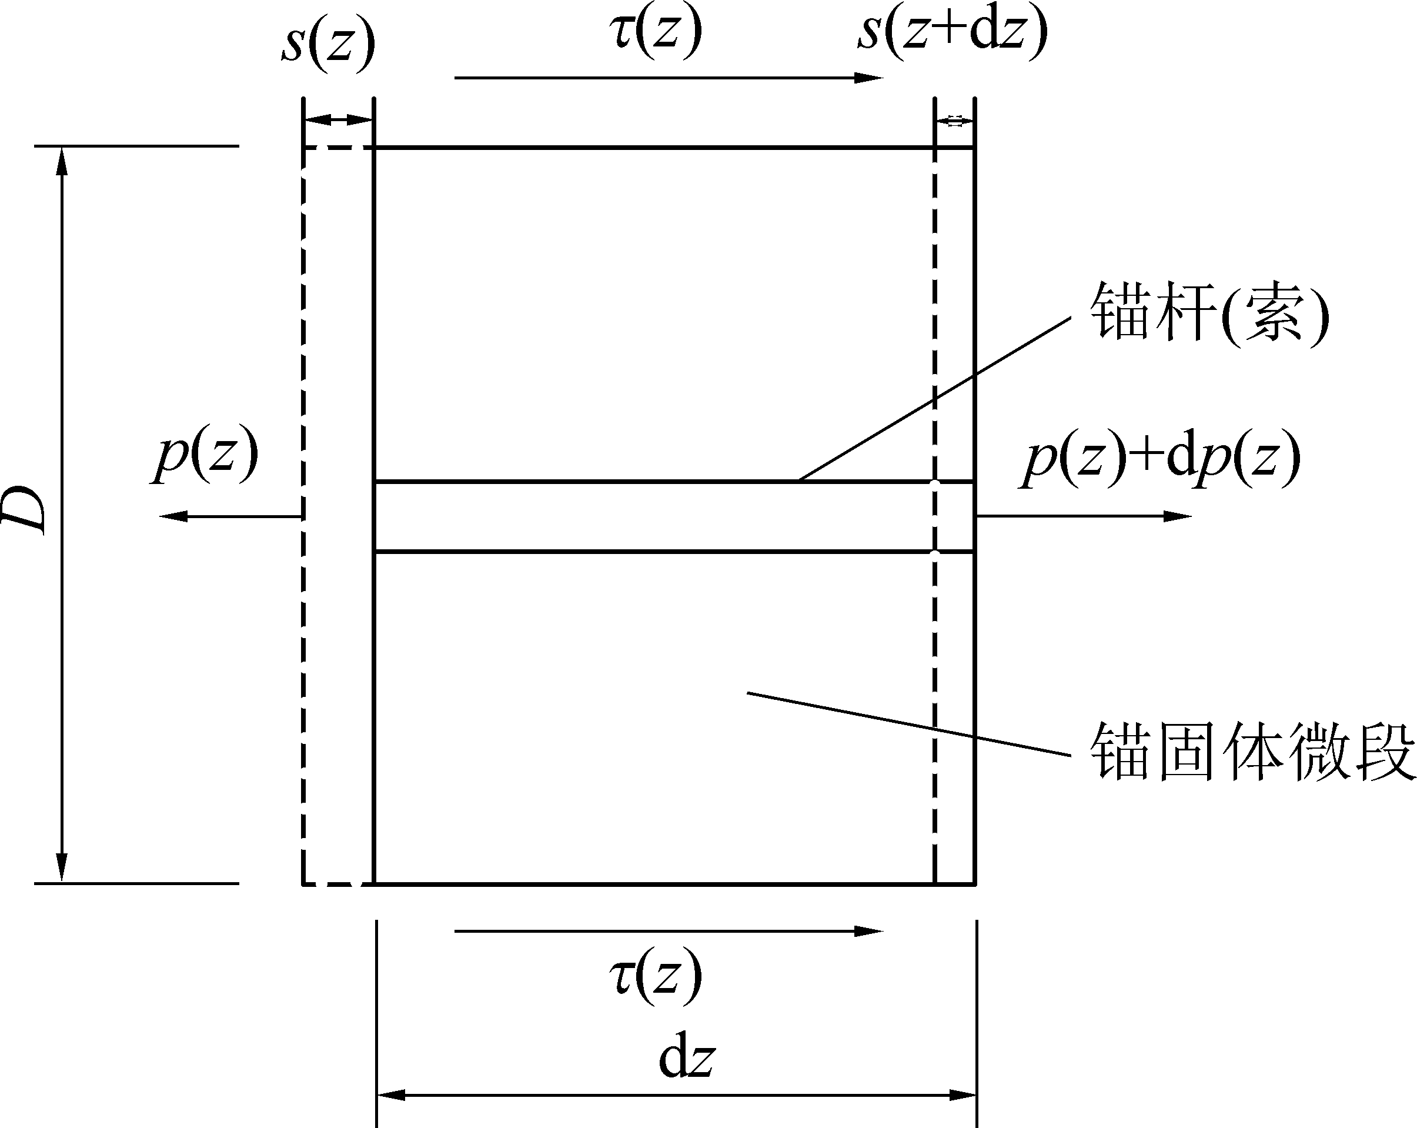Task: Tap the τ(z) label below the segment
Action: click(655, 977)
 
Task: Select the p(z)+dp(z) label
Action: click(1161, 458)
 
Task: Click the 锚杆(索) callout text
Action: click(1208, 314)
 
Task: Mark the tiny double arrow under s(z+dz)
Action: click(955, 121)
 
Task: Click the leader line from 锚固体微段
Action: click(907, 722)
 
